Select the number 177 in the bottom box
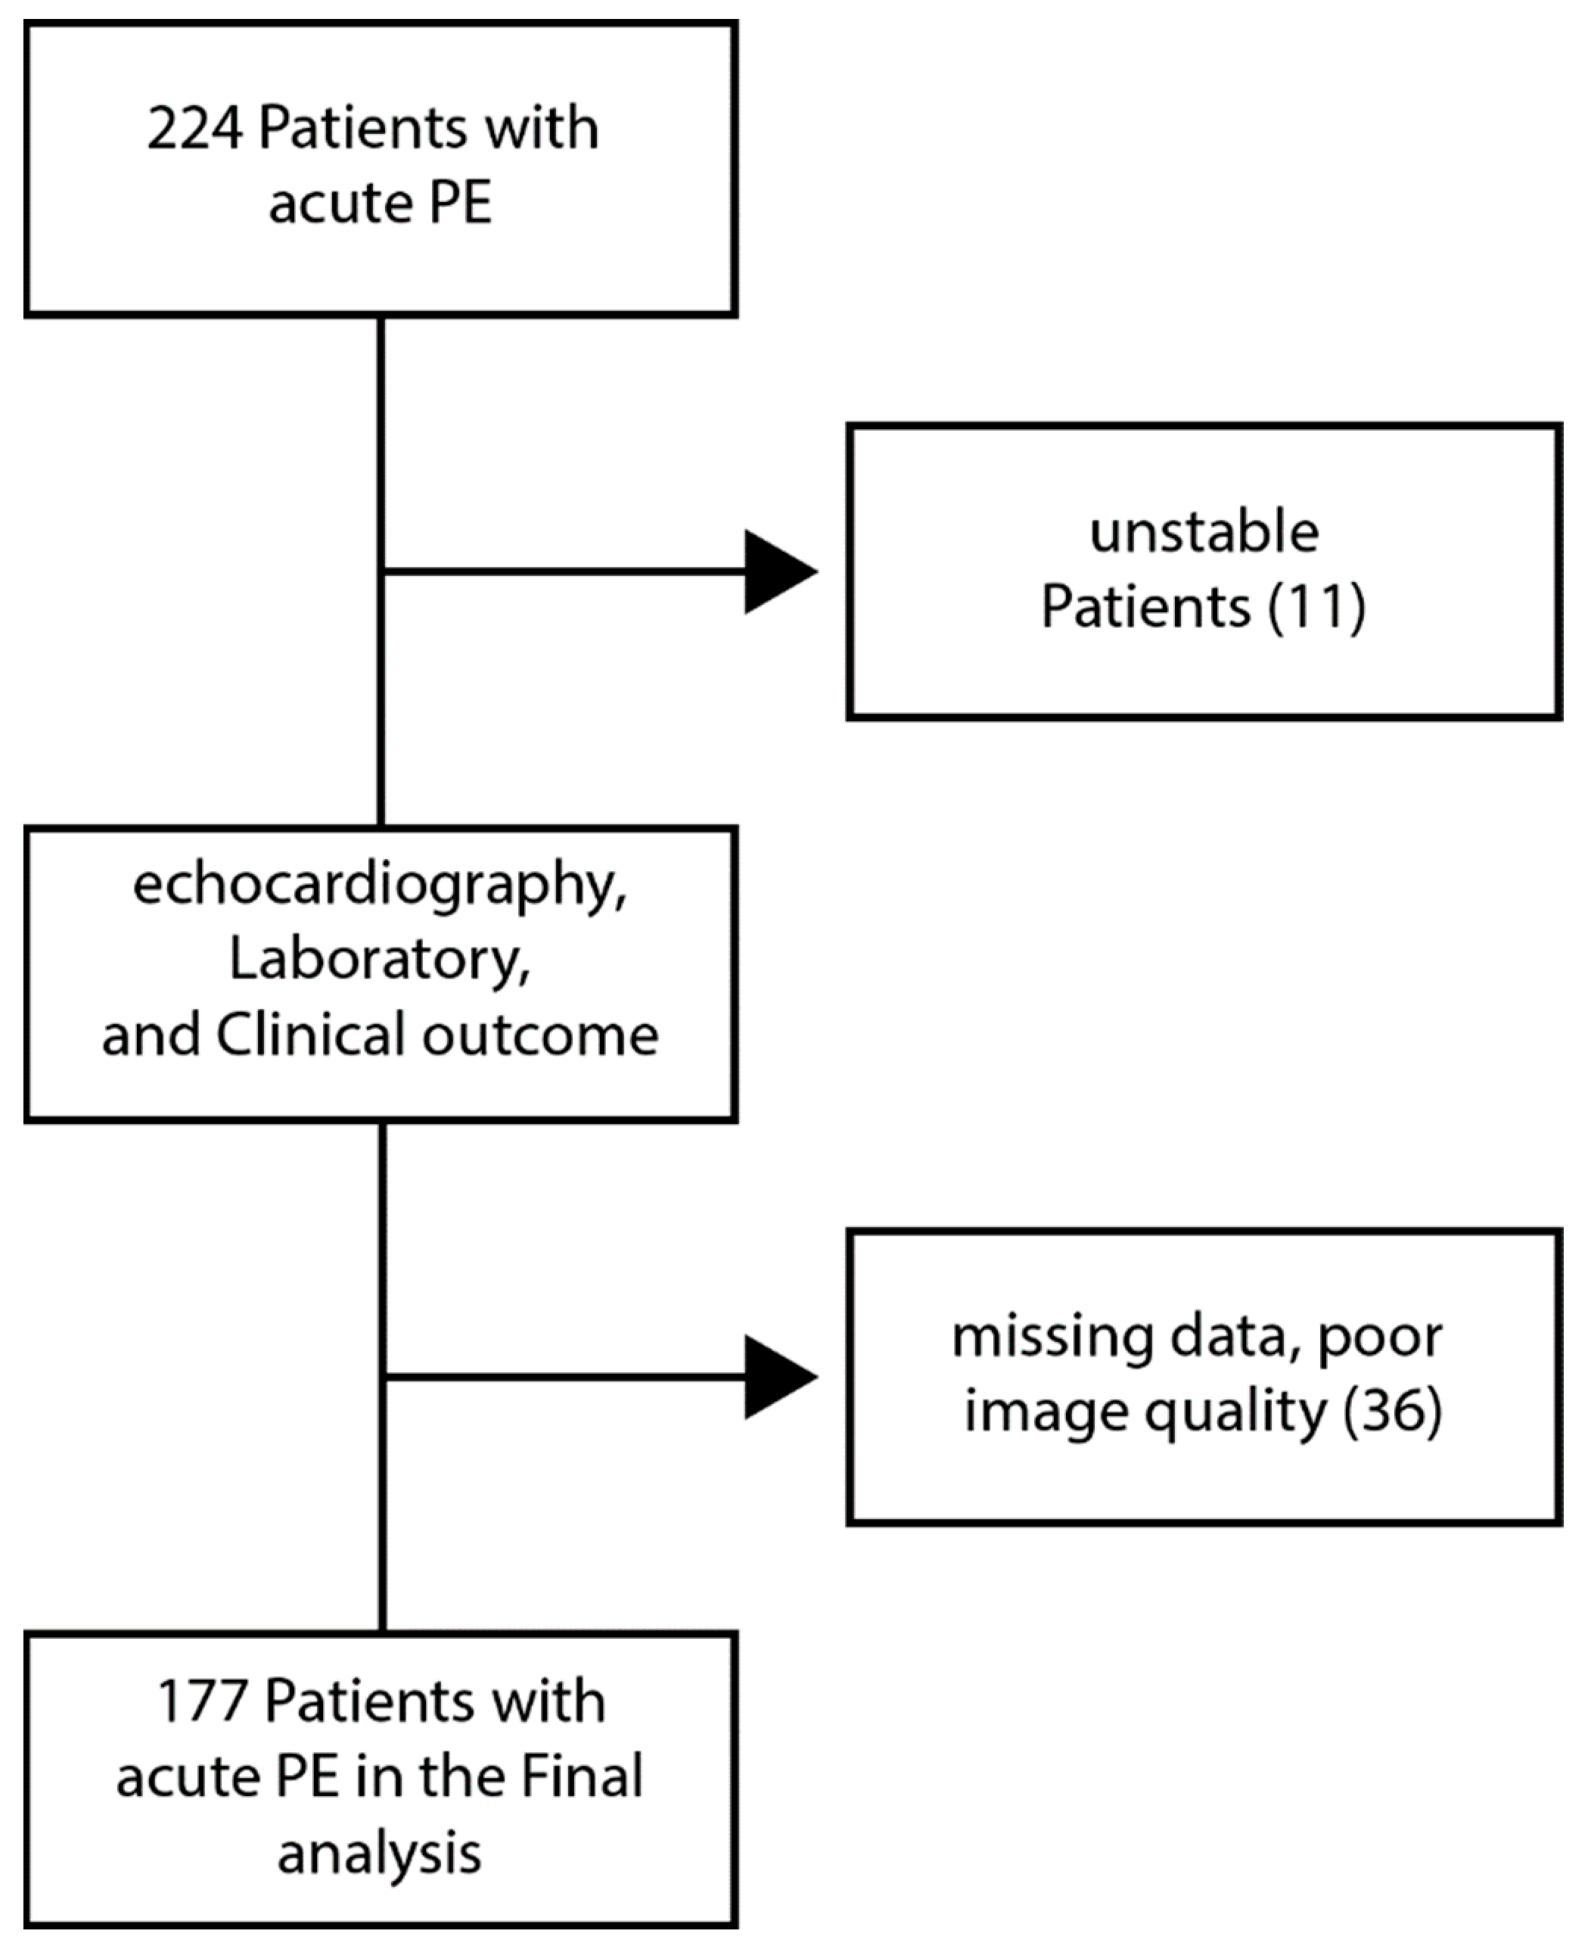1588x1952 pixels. pos(202,1703)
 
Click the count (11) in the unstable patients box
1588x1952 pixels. pos(1316,607)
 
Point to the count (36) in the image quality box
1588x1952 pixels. pos(1392,1410)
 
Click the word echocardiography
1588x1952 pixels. pos(380,886)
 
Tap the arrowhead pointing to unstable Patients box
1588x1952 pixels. pos(777,571)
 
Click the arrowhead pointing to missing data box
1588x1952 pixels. pos(777,1376)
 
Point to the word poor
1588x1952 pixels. pos(1379,1339)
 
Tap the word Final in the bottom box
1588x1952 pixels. pos(581,1778)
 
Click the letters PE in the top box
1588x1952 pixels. pos(460,203)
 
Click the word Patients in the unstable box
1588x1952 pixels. pos(1145,607)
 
